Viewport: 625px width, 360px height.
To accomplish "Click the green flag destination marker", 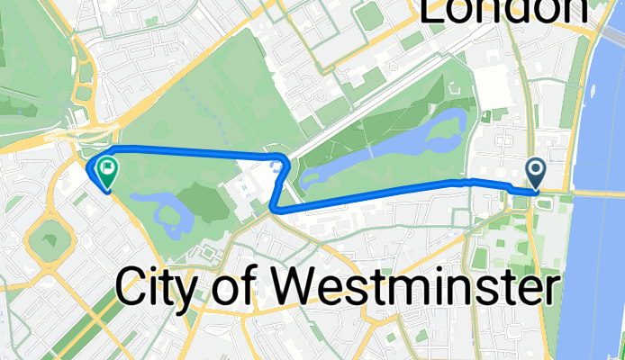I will pyautogui.click(x=106, y=169).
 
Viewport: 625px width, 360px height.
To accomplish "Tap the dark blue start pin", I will pyautogui.click(x=535, y=171).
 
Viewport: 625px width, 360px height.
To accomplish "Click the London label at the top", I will pyautogui.click(x=504, y=11).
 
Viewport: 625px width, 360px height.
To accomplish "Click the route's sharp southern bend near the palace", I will pyautogui.click(x=272, y=208).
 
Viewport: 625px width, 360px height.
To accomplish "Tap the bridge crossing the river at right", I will pyautogui.click(x=594, y=193).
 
